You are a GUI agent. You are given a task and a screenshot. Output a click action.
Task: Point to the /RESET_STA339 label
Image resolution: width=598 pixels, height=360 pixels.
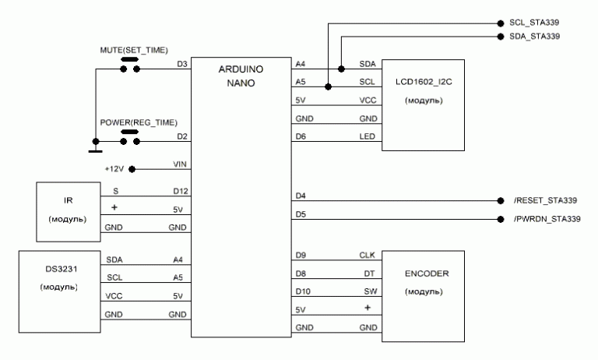click(x=546, y=200)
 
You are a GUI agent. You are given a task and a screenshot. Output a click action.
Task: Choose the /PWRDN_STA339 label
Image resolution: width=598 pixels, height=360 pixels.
click(x=547, y=219)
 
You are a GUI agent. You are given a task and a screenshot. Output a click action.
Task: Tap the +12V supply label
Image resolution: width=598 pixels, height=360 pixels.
click(x=115, y=168)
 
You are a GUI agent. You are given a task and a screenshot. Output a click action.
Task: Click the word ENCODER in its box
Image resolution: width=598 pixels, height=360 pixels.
click(x=424, y=274)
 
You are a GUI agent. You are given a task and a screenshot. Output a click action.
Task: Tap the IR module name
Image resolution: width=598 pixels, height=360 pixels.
click(x=69, y=199)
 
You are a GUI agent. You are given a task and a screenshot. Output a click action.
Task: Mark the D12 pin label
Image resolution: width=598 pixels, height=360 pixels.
click(x=178, y=189)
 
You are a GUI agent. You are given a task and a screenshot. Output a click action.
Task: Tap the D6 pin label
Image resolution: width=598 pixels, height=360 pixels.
click(x=301, y=136)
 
